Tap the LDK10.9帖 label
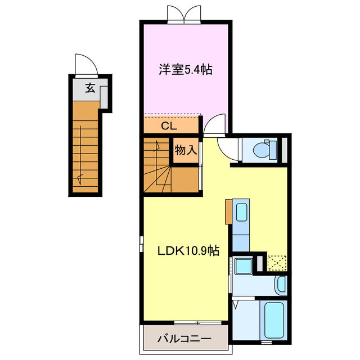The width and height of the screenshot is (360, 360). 180,251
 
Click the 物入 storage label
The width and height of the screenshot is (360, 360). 185,150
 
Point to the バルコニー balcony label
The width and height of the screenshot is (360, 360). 184,339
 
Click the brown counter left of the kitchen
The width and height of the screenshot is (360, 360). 228,211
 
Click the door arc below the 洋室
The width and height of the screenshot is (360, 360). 215,124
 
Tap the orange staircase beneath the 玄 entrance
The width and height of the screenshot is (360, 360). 85,149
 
